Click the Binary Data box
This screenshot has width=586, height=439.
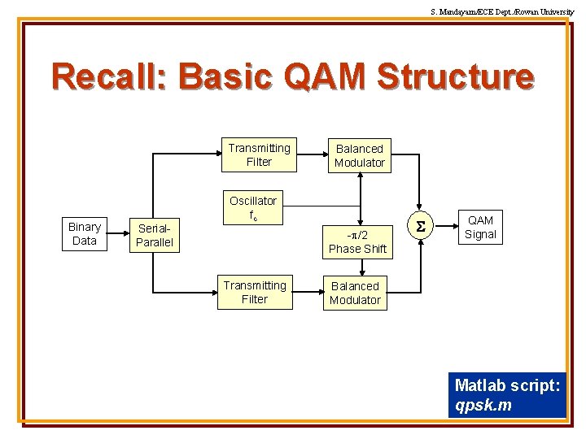pyautogui.click(x=85, y=234)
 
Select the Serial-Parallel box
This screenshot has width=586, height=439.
pyautogui.click(x=155, y=235)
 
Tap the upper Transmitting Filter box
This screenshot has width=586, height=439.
pyautogui.click(x=259, y=154)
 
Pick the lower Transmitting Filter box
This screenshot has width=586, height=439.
pyautogui.click(x=255, y=293)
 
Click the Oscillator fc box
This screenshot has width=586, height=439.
pyautogui.click(x=253, y=208)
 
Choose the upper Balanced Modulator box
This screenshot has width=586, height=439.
pyautogui.click(x=360, y=155)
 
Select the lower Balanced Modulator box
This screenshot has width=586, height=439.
pyautogui.click(x=355, y=293)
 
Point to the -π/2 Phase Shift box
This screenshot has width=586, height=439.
pyautogui.click(x=357, y=241)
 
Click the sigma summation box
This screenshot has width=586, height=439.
pyautogui.click(x=421, y=228)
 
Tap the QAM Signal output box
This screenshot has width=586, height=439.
pyautogui.click(x=480, y=228)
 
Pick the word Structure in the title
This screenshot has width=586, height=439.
pyautogui.click(x=456, y=77)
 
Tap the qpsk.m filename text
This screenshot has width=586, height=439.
pyautogui.click(x=483, y=406)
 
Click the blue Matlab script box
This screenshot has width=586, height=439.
pyautogui.click(x=507, y=395)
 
